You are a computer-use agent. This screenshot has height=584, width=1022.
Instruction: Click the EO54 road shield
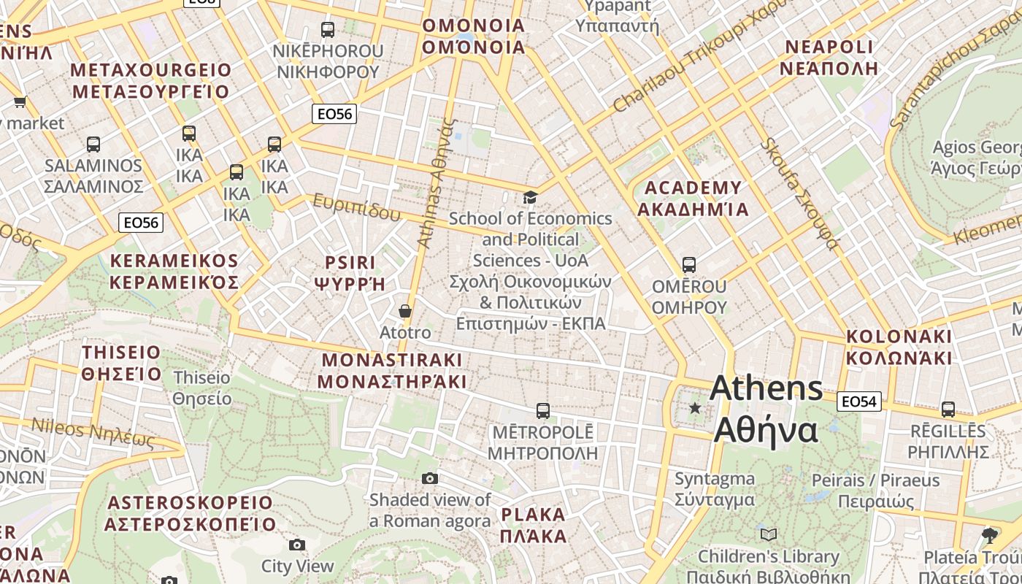860,401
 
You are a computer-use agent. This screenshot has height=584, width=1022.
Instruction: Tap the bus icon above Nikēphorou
328,30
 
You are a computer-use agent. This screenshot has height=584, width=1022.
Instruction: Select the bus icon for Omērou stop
688,265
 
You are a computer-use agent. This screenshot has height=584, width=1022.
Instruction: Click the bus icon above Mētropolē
542,411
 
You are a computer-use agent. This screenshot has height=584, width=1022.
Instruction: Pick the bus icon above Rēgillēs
948,410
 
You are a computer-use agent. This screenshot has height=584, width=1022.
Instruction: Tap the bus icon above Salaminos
93,145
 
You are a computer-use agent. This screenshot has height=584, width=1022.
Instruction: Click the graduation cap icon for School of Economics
530,198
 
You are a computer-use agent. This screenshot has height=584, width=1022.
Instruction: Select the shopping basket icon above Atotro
405,312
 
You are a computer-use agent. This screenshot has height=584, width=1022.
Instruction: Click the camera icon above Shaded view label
430,478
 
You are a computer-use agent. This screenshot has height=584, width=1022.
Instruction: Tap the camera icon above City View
296,545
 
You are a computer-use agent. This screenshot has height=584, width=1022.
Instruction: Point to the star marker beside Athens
695,408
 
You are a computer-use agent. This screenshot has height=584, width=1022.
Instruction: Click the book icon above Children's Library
769,534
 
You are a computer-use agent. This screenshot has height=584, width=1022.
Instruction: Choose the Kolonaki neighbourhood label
899,347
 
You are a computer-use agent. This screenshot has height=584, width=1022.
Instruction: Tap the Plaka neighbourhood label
533,525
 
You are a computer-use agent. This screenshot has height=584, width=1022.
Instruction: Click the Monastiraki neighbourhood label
391,370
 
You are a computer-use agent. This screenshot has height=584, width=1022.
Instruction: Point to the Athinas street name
436,182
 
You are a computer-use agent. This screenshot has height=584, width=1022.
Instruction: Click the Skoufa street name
799,193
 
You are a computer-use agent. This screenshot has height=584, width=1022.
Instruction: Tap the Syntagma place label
714,489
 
